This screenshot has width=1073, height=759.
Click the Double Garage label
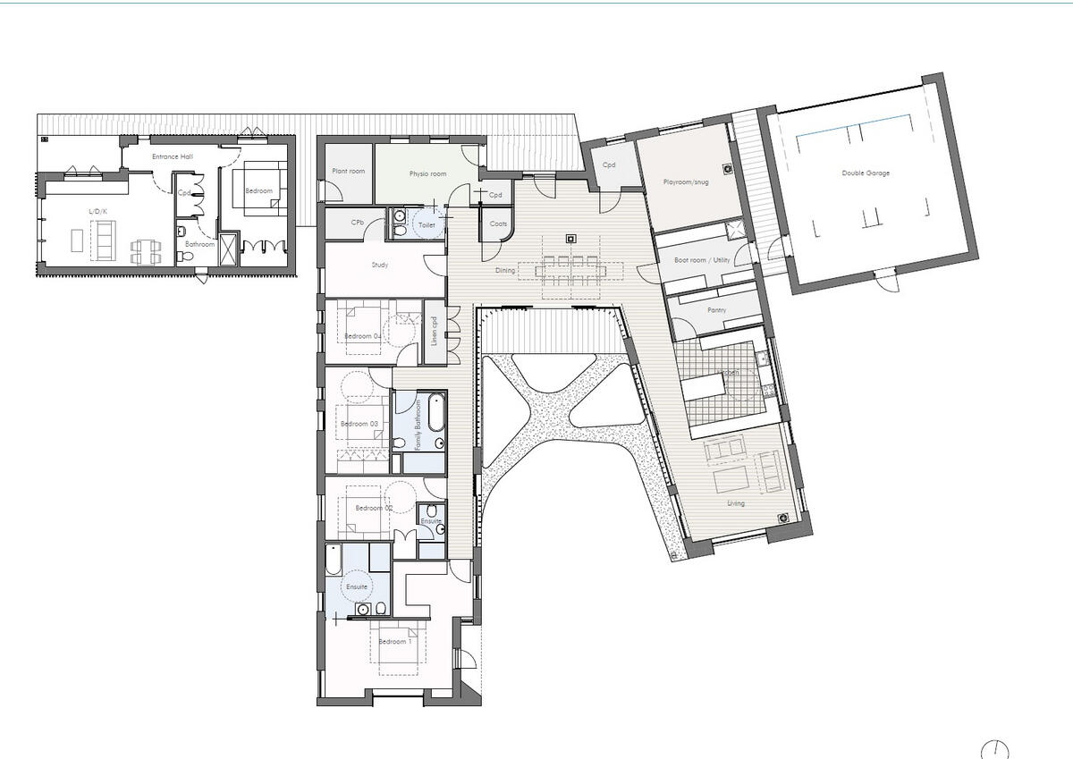866,173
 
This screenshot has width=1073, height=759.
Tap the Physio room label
427,174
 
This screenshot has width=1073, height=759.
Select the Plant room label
348,171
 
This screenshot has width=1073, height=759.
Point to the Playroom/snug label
687,182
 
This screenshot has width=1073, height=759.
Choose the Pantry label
715,310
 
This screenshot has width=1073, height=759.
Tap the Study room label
379,266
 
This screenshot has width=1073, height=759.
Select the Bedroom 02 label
374,508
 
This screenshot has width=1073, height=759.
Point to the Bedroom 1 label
394,641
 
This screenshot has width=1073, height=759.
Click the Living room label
735,503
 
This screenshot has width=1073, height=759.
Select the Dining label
504,270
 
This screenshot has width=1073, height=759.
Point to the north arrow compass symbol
994,749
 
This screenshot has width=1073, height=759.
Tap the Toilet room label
427,225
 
